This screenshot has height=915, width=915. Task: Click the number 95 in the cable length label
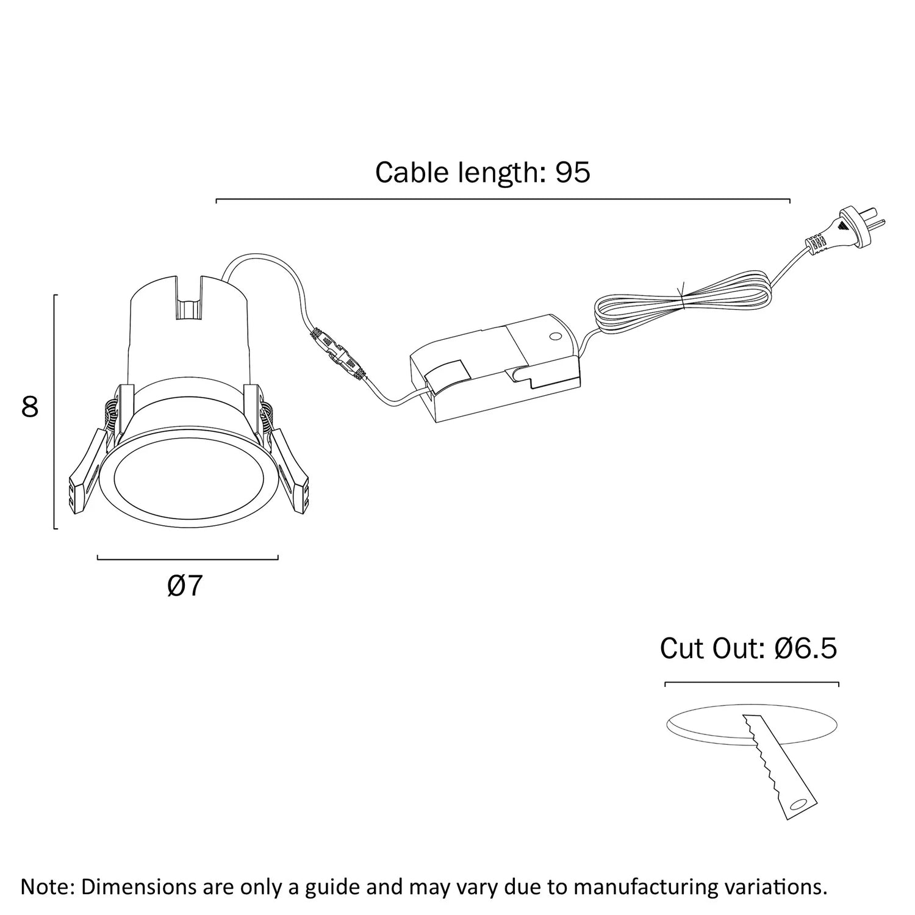coord(572,173)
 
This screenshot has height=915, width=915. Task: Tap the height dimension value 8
coord(30,407)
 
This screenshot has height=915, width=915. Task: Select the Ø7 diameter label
coord(184,586)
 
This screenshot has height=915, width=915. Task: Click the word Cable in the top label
coord(412,173)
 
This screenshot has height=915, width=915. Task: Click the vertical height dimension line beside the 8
coord(56,412)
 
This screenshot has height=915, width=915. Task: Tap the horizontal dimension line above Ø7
coord(187,558)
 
